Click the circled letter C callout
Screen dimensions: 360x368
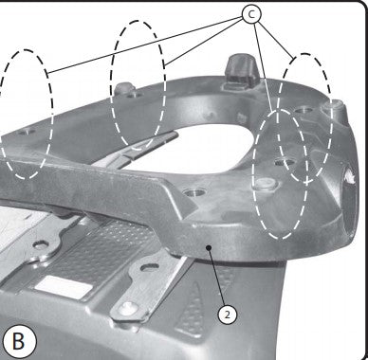(251, 13)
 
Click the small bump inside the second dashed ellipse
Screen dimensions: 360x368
(123, 87)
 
